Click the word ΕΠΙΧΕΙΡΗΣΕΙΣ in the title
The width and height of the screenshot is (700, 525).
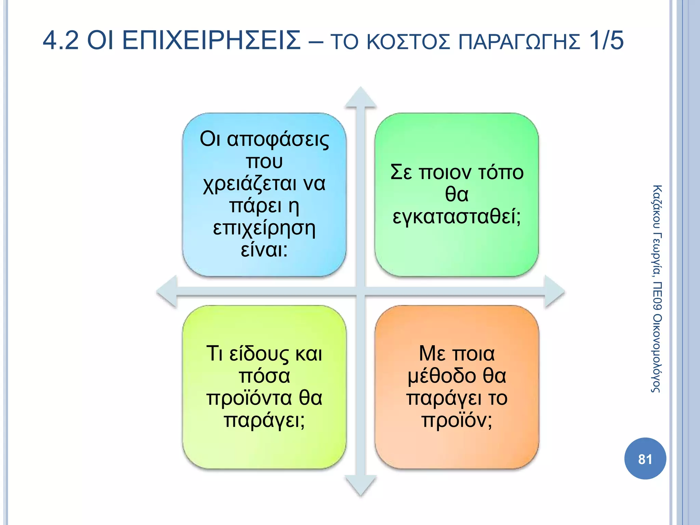coord(211,40)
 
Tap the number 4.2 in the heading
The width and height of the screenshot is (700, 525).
coord(61,40)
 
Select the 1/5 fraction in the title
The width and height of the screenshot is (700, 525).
coord(606,40)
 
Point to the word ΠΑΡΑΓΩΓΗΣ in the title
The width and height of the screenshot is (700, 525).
coord(519,42)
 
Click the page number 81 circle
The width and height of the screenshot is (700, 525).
coord(645,459)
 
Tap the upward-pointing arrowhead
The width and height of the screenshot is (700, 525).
coord(361,98)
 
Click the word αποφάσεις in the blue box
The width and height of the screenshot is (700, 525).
coord(278,139)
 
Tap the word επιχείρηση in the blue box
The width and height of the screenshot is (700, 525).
coord(264,228)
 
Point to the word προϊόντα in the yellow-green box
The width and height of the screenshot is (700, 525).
coord(249,398)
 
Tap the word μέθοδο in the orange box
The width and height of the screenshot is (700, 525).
coord(442,376)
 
